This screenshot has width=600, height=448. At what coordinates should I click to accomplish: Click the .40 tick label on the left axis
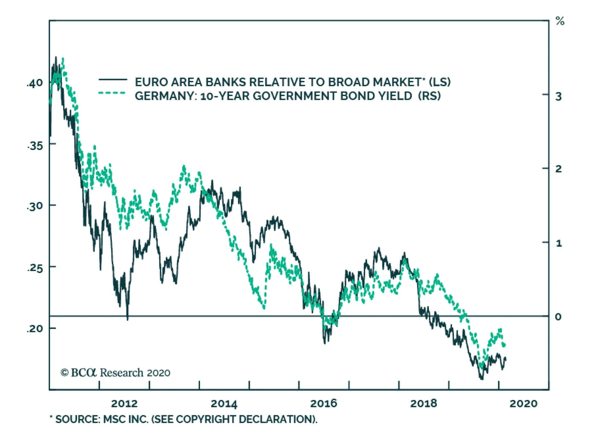[35, 83]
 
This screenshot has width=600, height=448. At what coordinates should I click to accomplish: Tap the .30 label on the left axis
[35, 206]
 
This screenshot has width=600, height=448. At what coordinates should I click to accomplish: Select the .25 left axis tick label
[35, 268]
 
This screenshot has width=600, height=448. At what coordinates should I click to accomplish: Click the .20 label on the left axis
[35, 329]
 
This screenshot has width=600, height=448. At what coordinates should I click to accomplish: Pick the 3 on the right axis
[558, 97]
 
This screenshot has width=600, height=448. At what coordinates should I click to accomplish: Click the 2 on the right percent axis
[558, 169]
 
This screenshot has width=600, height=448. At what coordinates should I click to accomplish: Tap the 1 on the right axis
[559, 243]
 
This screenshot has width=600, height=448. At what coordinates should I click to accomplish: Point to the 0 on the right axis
[558, 317]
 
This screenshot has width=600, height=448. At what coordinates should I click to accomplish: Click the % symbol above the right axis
[560, 21]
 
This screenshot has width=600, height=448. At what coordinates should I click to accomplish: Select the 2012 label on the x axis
[124, 404]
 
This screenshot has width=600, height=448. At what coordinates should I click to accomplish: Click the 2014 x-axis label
[224, 404]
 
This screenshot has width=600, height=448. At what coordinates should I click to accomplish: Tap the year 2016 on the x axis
[324, 404]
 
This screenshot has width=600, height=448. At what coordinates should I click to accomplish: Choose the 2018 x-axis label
[423, 404]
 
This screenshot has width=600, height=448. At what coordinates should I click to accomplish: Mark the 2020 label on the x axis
[523, 404]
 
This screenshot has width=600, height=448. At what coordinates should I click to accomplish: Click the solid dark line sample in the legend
[112, 79]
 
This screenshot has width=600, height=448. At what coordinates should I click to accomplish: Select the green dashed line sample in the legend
[112, 93]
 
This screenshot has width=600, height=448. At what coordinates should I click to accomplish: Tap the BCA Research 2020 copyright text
[115, 373]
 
